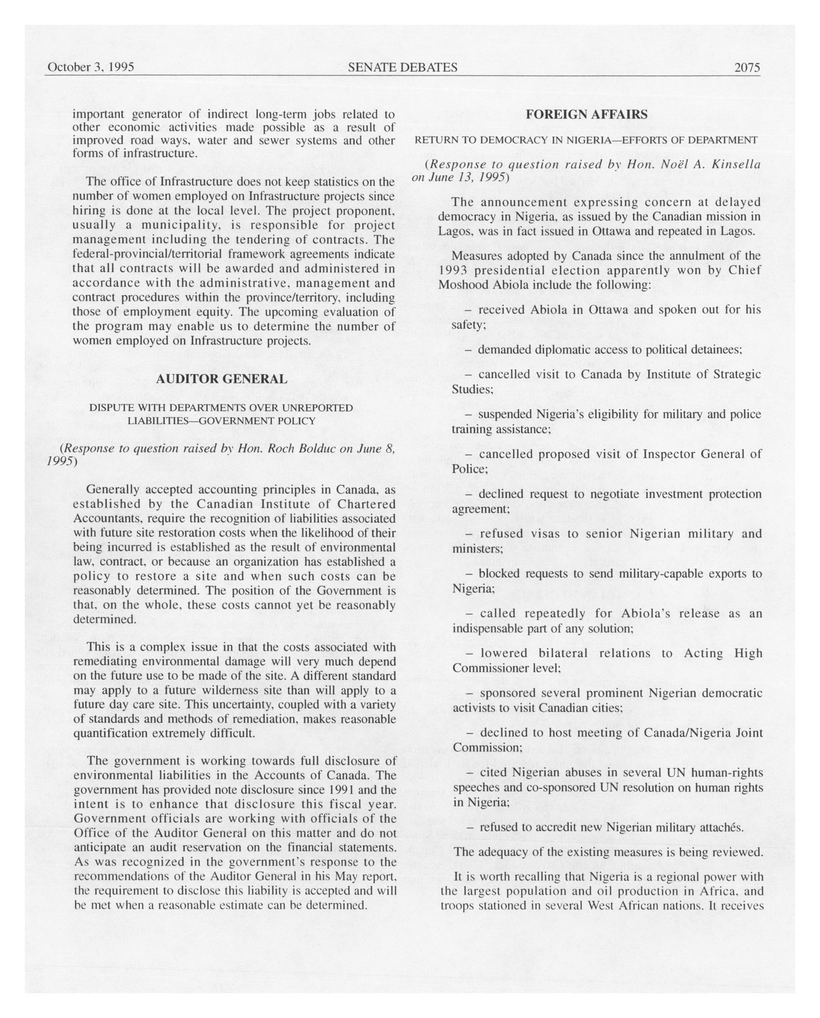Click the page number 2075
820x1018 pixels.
[x=747, y=68]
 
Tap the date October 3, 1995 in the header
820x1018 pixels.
[x=91, y=67]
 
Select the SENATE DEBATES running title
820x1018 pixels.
[x=402, y=68]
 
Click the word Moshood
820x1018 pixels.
[x=459, y=285]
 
